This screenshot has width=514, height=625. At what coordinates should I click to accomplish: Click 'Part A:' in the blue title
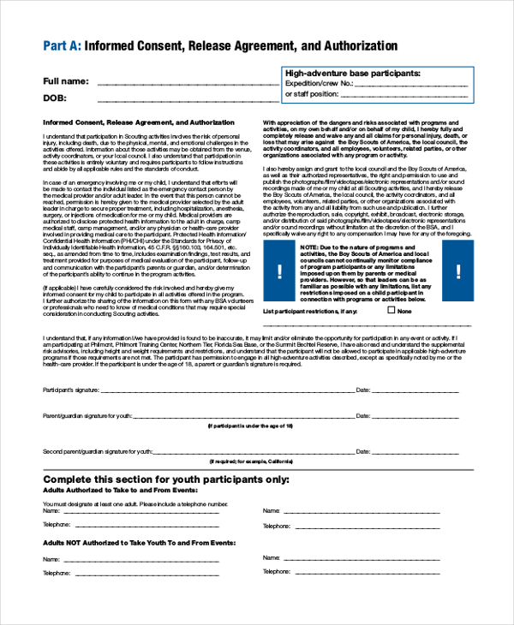coord(62,45)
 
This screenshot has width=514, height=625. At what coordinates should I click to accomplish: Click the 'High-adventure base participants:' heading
coord(352,74)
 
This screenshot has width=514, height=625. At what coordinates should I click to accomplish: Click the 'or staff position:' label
coord(313,94)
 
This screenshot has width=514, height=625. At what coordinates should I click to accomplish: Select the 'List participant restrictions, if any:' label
coord(310,312)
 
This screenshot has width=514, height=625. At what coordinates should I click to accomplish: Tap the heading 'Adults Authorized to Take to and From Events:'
coord(121,491)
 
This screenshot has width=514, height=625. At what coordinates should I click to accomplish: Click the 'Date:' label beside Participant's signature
coord(362,390)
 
